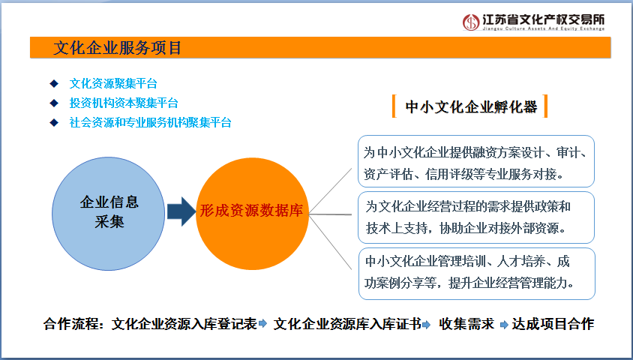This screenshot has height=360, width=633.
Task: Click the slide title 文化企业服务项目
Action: tap(118, 48)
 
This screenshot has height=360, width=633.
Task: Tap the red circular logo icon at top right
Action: tap(470, 22)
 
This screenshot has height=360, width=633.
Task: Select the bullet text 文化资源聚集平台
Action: tap(113, 83)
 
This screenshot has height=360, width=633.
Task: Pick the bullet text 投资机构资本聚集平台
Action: tap(124, 103)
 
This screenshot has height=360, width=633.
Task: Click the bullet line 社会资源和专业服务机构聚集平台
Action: tap(150, 122)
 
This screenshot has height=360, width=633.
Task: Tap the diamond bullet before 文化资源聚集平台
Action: tap(53, 83)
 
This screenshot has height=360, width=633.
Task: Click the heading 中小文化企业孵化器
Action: tap(471, 107)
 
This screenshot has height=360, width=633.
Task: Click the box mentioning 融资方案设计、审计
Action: tap(476, 161)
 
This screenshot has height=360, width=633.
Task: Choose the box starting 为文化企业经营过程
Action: tap(476, 217)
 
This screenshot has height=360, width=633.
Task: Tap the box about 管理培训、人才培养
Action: tap(476, 272)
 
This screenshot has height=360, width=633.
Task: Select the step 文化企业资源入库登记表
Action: tap(184, 324)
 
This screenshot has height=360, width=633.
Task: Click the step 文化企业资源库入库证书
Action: tap(346, 324)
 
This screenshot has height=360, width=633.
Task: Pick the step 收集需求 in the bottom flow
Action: tap(466, 324)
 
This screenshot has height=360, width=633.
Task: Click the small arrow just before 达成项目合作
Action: tap(505, 325)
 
